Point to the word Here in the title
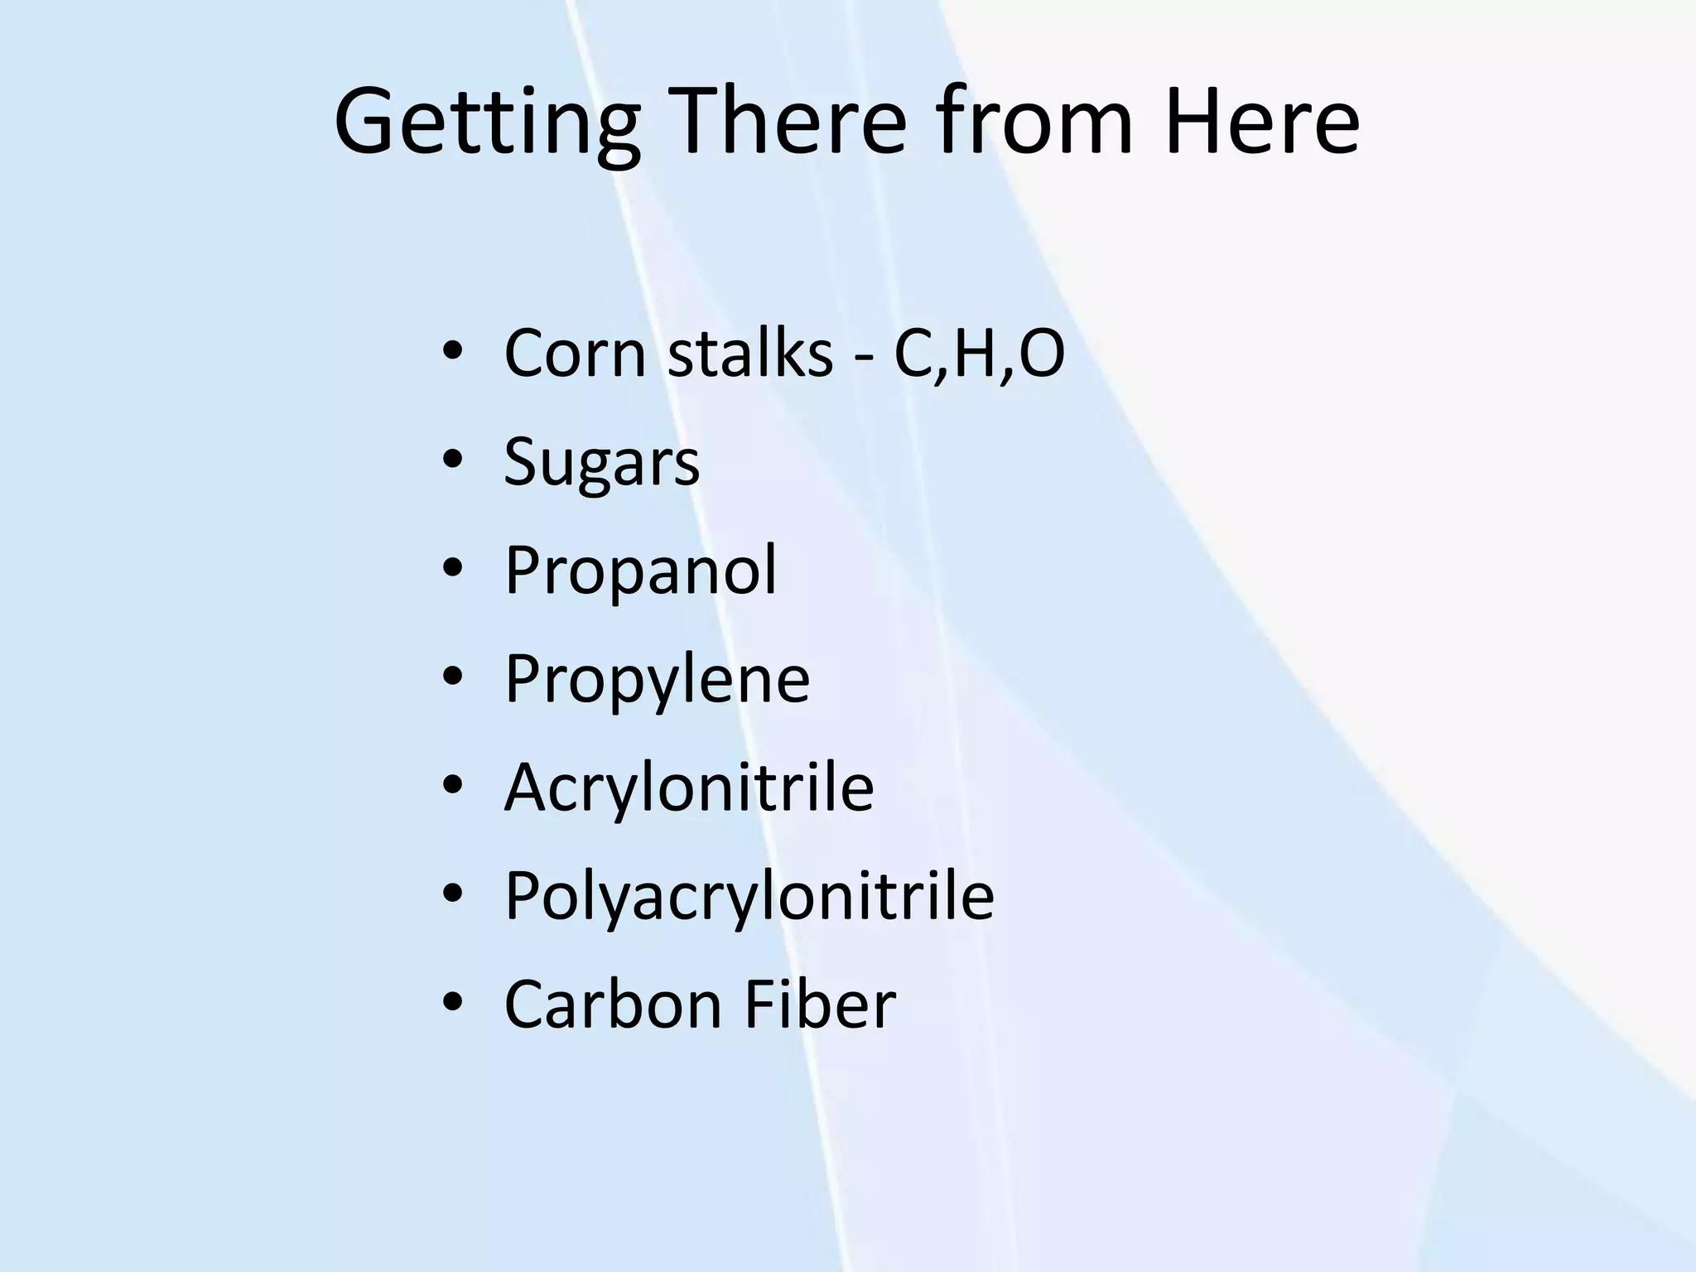tap(1262, 123)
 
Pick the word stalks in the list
tap(749, 354)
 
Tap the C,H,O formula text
tap(979, 354)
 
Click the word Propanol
tap(641, 571)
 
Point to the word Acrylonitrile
tap(689, 787)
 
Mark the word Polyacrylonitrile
tap(749, 897)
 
